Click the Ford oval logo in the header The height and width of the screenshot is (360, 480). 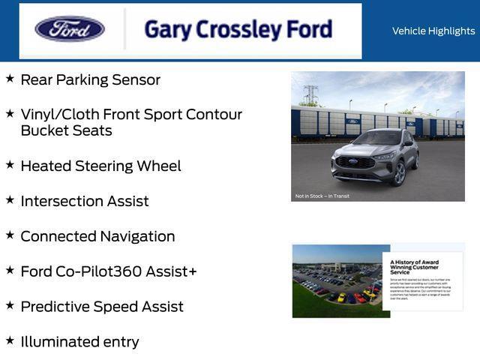coord(70,29)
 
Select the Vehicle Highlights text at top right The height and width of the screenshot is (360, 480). coord(433,31)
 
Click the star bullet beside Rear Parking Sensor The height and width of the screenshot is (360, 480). coord(10,78)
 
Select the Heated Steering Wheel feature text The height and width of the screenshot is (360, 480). coord(100,166)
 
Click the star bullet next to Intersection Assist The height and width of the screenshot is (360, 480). coord(10,199)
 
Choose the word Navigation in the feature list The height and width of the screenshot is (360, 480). coord(138,236)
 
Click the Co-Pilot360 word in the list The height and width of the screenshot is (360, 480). coord(99,271)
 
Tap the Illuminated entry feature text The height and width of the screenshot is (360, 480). coord(79,342)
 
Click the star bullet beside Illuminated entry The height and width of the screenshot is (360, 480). coord(10,340)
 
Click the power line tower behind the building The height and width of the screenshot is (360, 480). coord(310,94)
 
